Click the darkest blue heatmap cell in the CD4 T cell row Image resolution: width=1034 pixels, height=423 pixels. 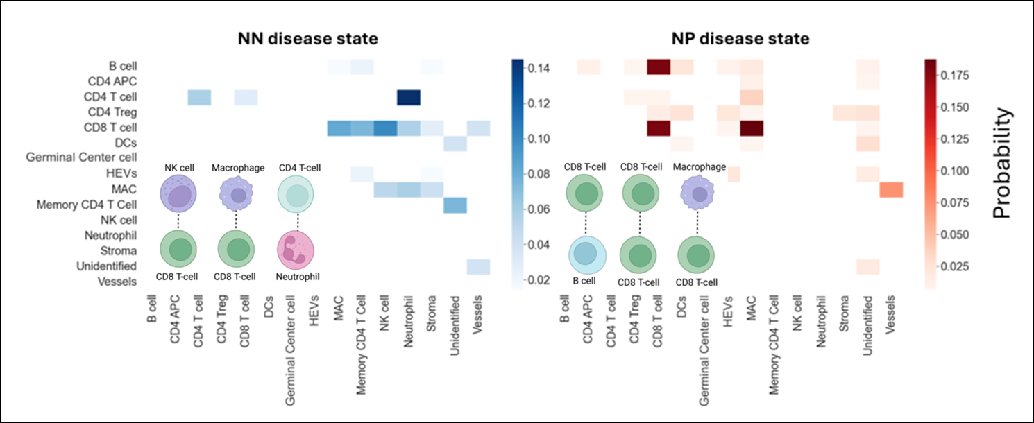point(408,97)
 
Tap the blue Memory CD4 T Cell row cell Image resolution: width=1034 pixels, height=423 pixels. point(455,205)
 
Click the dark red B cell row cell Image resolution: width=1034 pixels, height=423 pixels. point(658,67)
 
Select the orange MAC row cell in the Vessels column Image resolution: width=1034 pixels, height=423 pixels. point(891,189)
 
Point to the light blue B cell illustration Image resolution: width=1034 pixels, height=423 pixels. point(586,254)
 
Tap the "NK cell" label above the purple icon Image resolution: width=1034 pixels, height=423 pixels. point(179,167)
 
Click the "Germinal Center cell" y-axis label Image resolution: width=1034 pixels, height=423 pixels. point(81,158)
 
